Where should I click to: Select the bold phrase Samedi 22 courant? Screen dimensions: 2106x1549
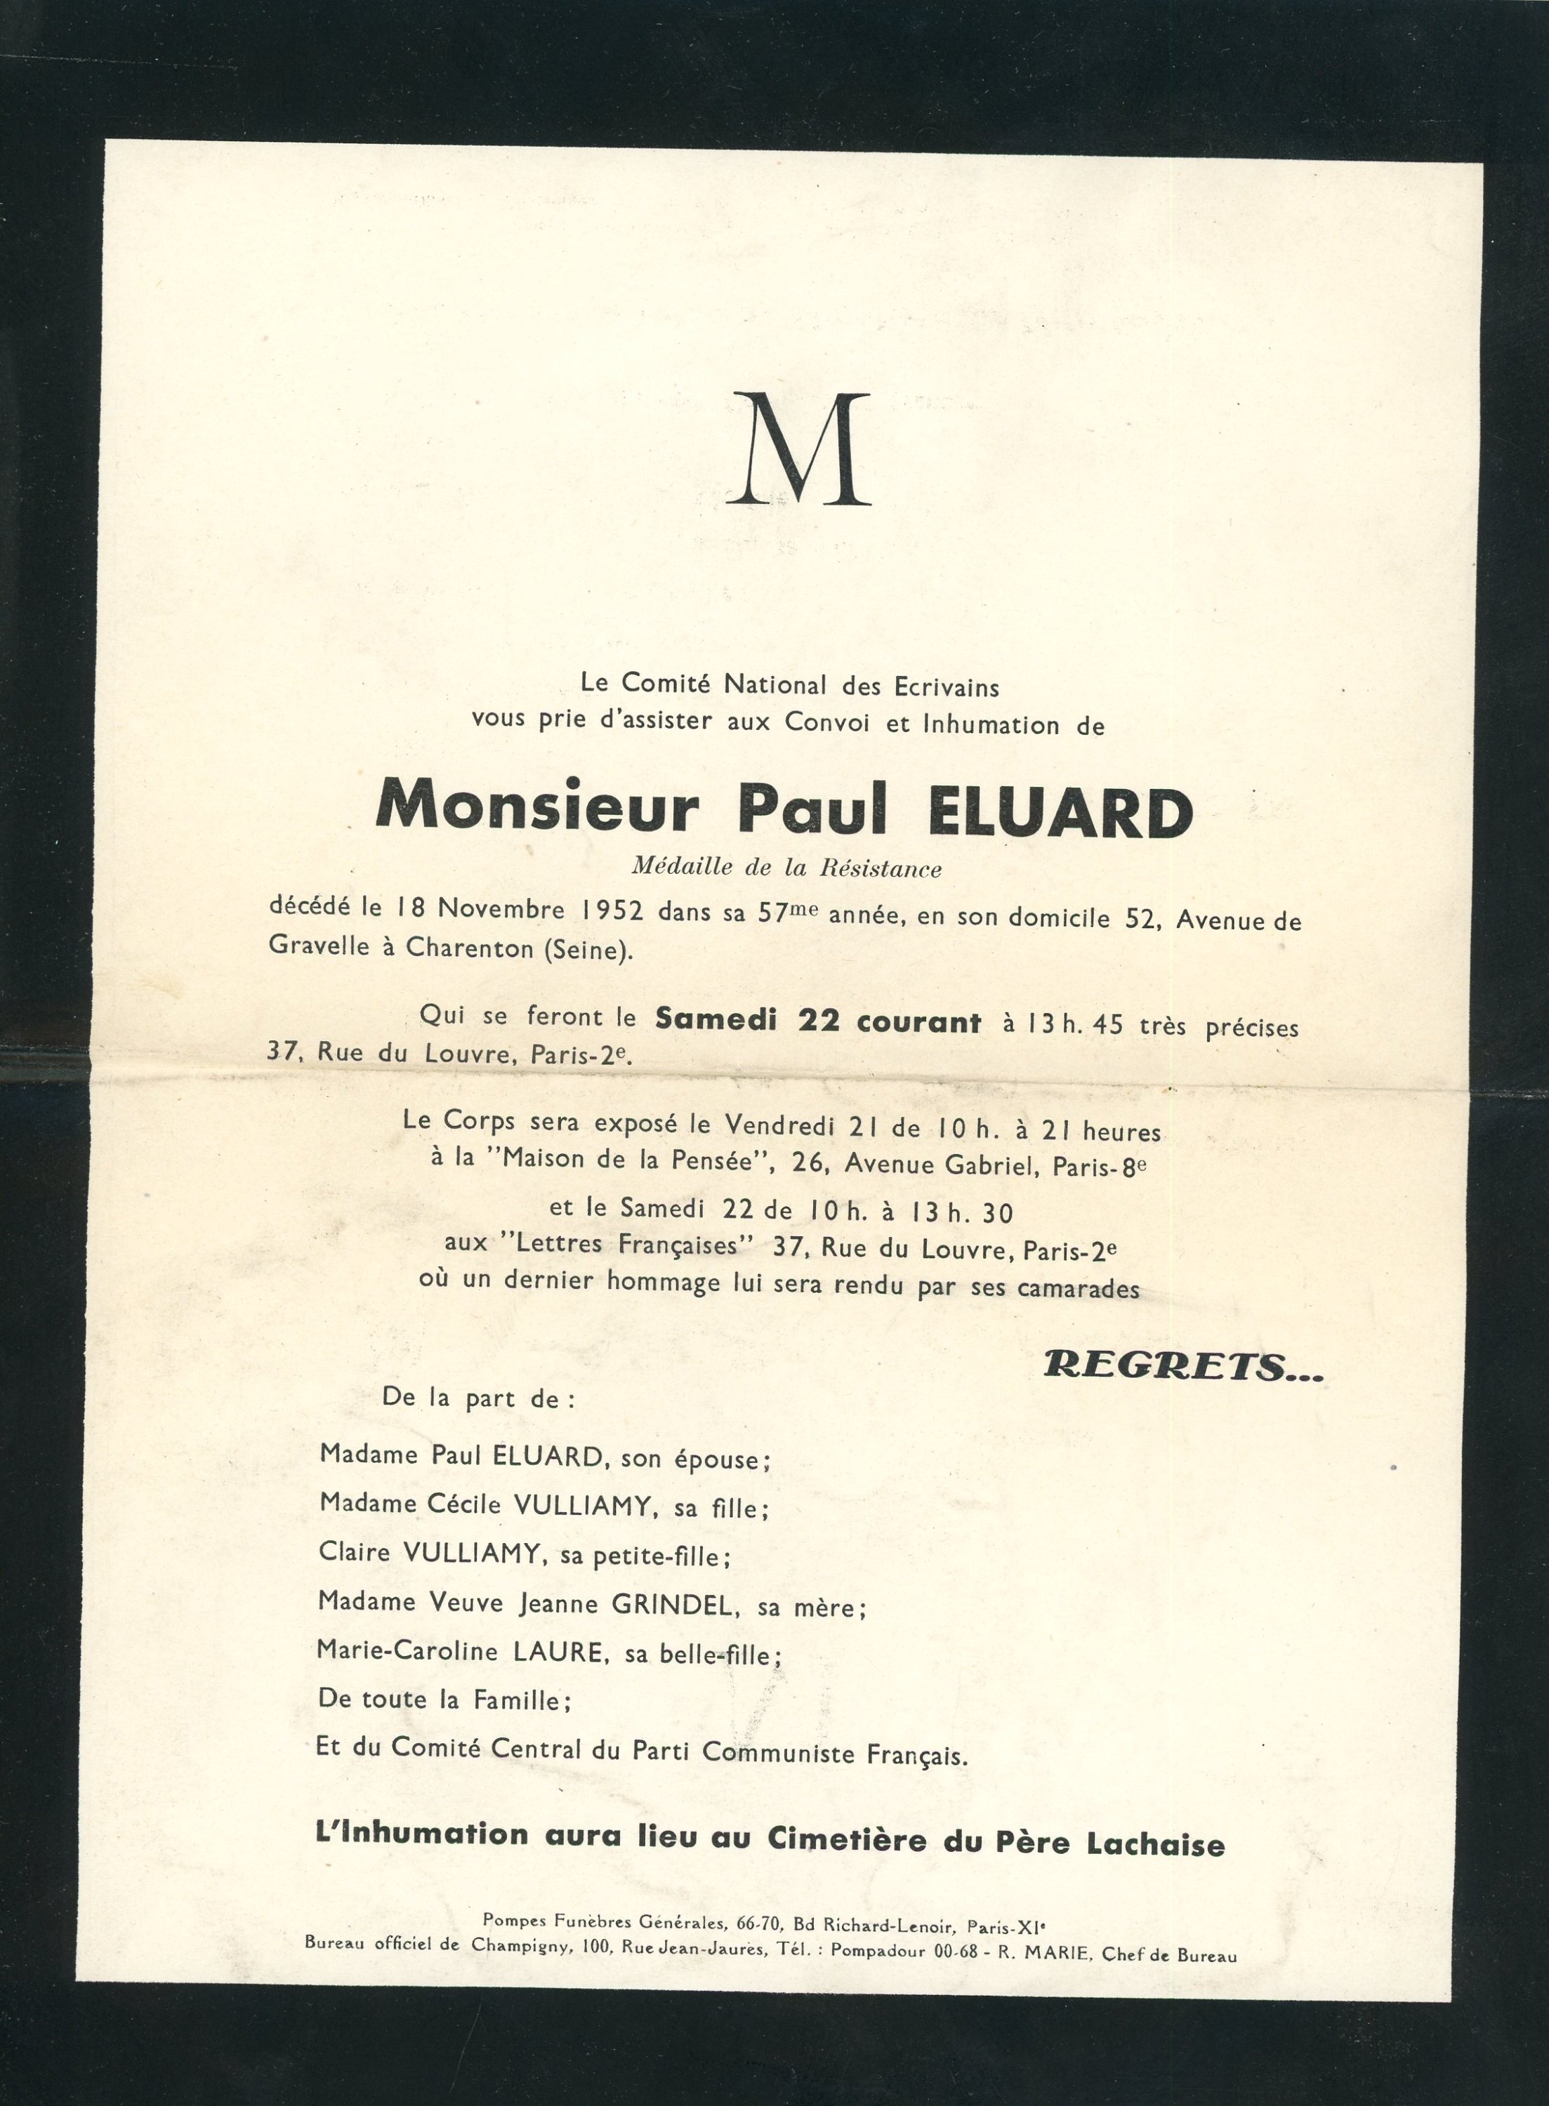point(817,1021)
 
